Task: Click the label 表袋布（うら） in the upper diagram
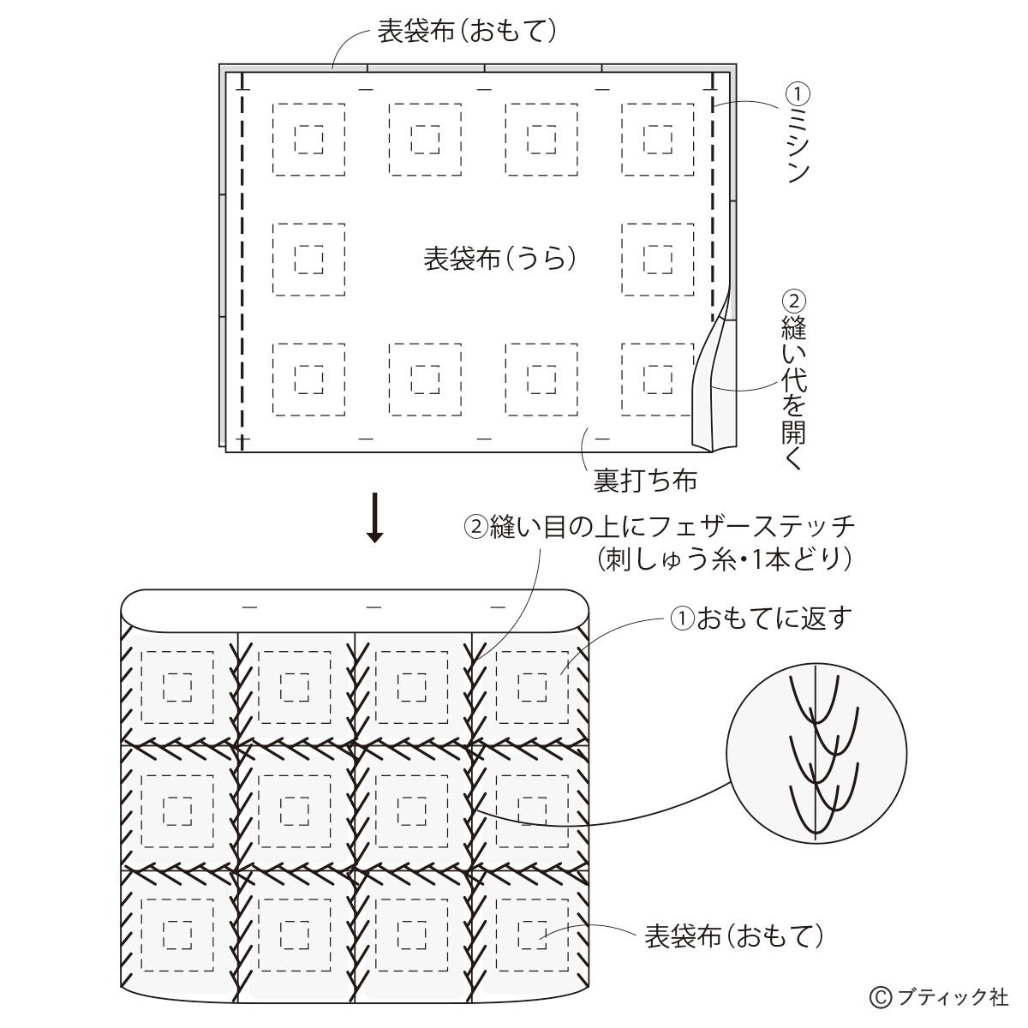[499, 260]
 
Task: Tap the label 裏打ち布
[646, 480]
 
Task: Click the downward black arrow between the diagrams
[375, 517]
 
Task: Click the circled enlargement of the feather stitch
[816, 753]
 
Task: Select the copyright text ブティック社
[953, 996]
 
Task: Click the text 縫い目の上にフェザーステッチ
[672, 527]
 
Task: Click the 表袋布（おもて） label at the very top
[468, 31]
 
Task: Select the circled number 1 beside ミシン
[798, 94]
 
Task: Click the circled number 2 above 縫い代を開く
[794, 302]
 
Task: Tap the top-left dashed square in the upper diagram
[309, 140]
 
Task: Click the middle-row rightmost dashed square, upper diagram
[658, 260]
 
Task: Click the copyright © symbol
[881, 997]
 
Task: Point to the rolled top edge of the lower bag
[356, 611]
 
